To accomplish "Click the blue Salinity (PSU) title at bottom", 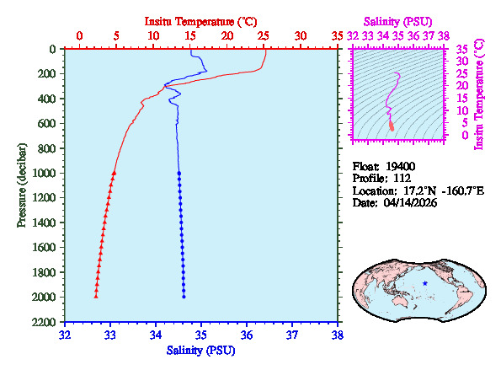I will point(201,350).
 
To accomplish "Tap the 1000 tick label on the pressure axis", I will point(46,173).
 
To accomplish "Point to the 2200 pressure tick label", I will point(46,323).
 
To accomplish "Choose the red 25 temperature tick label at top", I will point(264,36).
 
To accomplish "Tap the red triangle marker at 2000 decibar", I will point(96,297).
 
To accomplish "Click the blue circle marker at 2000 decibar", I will point(184,297).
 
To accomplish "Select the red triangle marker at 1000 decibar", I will point(114,173).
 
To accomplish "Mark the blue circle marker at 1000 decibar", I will point(179,173).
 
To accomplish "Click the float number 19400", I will point(402,166).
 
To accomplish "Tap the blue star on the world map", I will point(426,283).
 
